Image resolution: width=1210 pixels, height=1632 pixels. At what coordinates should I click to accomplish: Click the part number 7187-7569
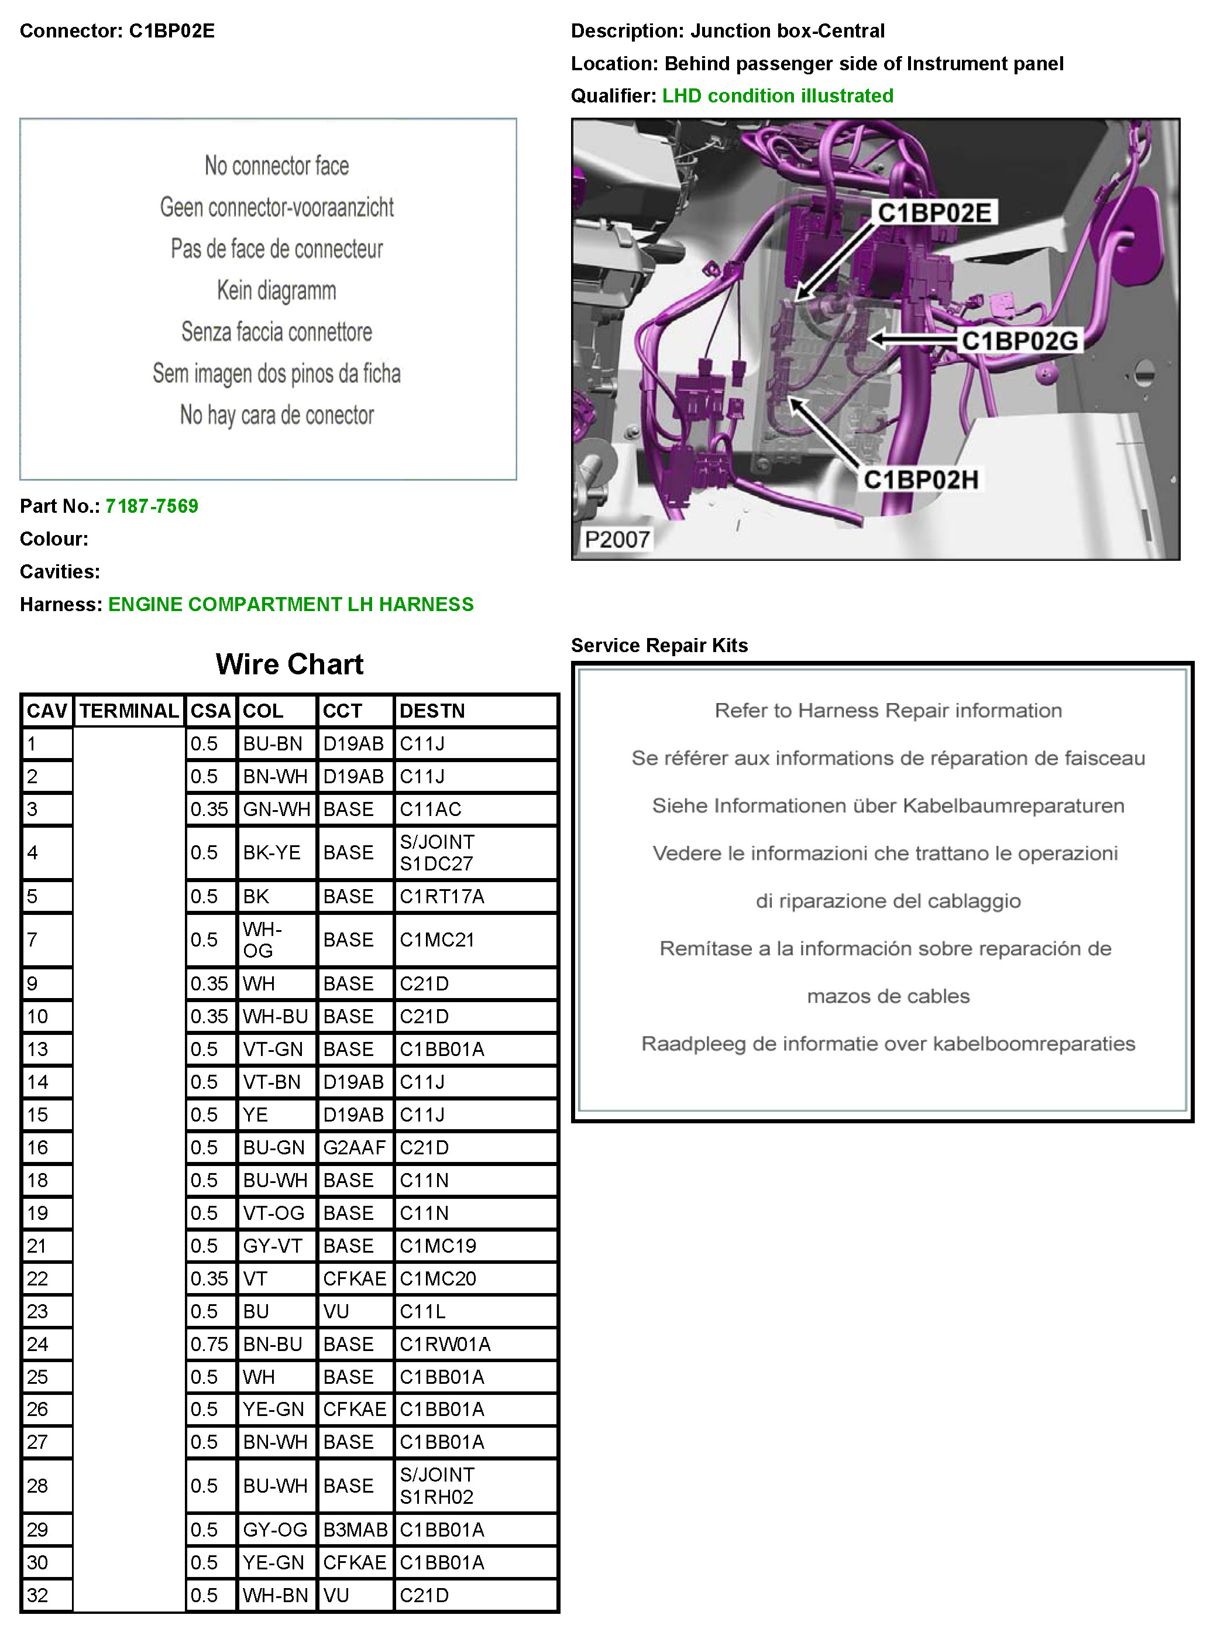coord(152,506)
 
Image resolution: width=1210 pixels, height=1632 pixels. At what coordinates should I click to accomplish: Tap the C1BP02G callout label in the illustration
coord(1020,341)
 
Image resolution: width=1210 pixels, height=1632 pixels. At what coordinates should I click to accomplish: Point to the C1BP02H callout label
coord(921,479)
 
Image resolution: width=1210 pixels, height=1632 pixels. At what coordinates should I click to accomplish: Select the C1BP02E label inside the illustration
coord(934,212)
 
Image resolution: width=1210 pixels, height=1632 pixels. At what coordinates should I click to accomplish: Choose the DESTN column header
coord(432,711)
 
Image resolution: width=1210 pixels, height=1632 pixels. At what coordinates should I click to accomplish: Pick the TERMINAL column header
coord(129,711)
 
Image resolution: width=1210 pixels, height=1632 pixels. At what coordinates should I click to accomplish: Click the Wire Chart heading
coord(289,664)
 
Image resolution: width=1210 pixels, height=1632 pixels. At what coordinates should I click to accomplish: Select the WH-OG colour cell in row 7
coord(262,940)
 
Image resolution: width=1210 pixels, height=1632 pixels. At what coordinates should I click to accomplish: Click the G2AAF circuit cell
coord(354,1147)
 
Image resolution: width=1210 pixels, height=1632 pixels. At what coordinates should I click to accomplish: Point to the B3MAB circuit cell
coord(355,1530)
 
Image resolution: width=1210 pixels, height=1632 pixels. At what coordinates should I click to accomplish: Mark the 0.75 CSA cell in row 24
coord(209,1344)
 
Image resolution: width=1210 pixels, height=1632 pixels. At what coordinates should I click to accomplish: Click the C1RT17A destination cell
coord(442,896)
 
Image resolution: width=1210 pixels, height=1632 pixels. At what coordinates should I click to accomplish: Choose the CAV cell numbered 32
coord(37,1595)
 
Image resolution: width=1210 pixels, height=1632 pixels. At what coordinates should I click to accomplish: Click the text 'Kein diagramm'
coord(276,290)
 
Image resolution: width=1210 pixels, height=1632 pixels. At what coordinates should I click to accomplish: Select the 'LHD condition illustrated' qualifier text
coord(777,96)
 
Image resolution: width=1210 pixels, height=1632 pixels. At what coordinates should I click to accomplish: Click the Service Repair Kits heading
coord(659,645)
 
